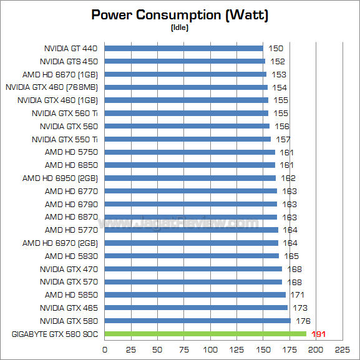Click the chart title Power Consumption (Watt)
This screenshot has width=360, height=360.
[x=180, y=15]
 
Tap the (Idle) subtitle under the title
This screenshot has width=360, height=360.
[x=180, y=27]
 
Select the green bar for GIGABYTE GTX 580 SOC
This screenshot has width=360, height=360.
[x=205, y=334]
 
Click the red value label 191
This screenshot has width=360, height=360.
[x=319, y=334]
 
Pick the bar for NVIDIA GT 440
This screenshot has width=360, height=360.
[x=183, y=48]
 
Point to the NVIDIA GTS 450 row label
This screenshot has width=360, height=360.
[x=69, y=61]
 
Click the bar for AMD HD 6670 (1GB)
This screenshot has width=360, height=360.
[x=185, y=74]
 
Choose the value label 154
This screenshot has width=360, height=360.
[x=279, y=87]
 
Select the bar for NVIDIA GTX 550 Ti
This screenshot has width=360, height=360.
[x=187, y=139]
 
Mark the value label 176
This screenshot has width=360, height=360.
[x=303, y=321]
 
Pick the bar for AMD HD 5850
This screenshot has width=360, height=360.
[x=195, y=294]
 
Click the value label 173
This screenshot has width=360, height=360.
[x=299, y=308]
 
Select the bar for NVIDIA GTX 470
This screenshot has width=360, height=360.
[x=193, y=269]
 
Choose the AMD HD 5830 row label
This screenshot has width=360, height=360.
[x=71, y=256]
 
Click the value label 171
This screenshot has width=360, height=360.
[x=298, y=294]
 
